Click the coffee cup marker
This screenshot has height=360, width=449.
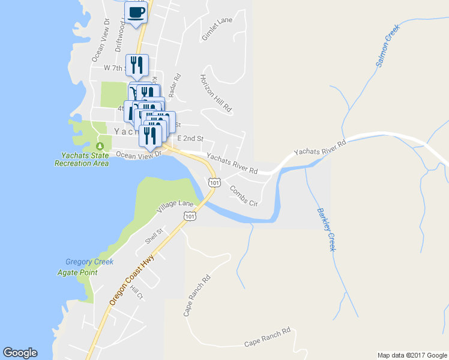[136, 12]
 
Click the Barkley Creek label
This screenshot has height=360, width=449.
[325, 229]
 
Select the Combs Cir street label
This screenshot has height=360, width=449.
[243, 196]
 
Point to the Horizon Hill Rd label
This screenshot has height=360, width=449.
[215, 94]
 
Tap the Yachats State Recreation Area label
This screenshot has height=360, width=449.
[81, 158]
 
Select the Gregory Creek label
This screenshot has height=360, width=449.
[89, 262]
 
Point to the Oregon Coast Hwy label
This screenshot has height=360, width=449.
[131, 280]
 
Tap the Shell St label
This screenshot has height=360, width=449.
[154, 236]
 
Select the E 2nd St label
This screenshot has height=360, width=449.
[190, 138]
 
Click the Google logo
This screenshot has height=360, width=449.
[20, 353]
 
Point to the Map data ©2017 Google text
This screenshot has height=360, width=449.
[411, 355]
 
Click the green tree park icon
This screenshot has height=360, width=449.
[100, 146]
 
